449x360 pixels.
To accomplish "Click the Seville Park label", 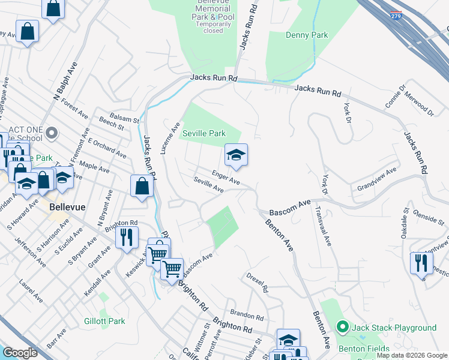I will click(204, 133).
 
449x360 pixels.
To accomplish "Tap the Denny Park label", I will click(307, 35).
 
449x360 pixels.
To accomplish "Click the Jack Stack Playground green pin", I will click(343, 328).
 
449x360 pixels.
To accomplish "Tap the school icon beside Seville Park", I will click(236, 156).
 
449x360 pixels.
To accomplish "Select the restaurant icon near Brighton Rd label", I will click(126, 236).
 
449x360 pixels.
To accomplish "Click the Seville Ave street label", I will click(208, 185).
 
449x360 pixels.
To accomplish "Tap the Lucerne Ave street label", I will click(170, 138).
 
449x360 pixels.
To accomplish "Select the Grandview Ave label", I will click(377, 179).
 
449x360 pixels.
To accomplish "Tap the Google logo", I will click(20, 353).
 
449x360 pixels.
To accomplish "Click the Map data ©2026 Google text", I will click(411, 355).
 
